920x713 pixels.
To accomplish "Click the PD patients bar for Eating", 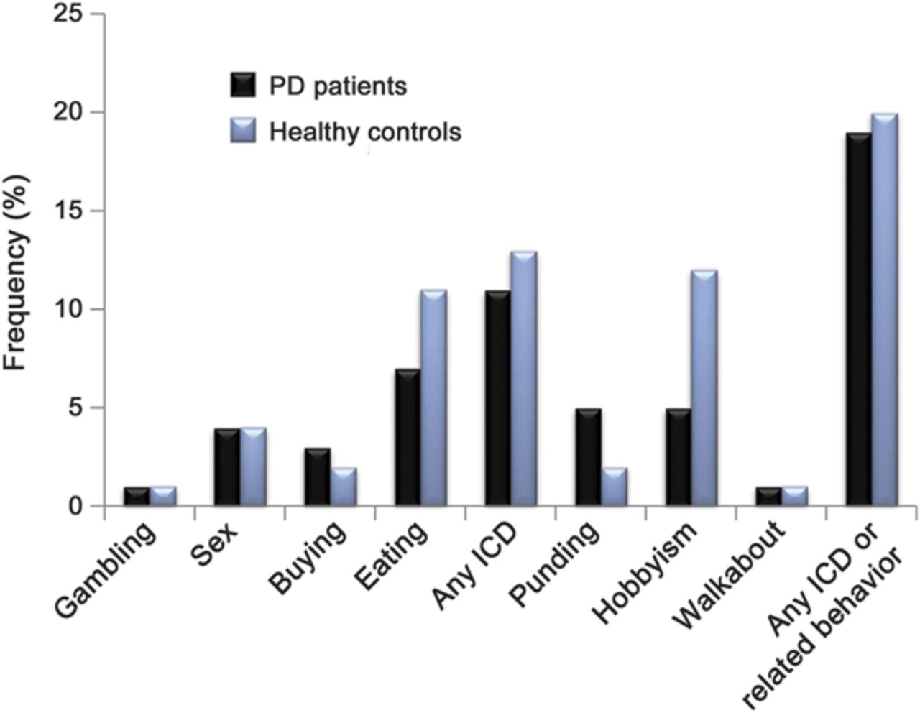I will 408,438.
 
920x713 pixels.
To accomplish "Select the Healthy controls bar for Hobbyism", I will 704,388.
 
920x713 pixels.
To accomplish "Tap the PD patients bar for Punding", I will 588,457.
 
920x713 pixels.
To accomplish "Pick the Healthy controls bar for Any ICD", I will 523,379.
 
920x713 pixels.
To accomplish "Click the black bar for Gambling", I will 137,497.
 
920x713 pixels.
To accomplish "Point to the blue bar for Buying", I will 343,487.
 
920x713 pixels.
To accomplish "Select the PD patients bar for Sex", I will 227,467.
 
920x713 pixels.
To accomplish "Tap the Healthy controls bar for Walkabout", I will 794,497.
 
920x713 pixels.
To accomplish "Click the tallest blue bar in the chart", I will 885,310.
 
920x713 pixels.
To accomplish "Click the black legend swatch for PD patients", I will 242,85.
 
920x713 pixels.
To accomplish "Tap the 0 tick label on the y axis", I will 75,506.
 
